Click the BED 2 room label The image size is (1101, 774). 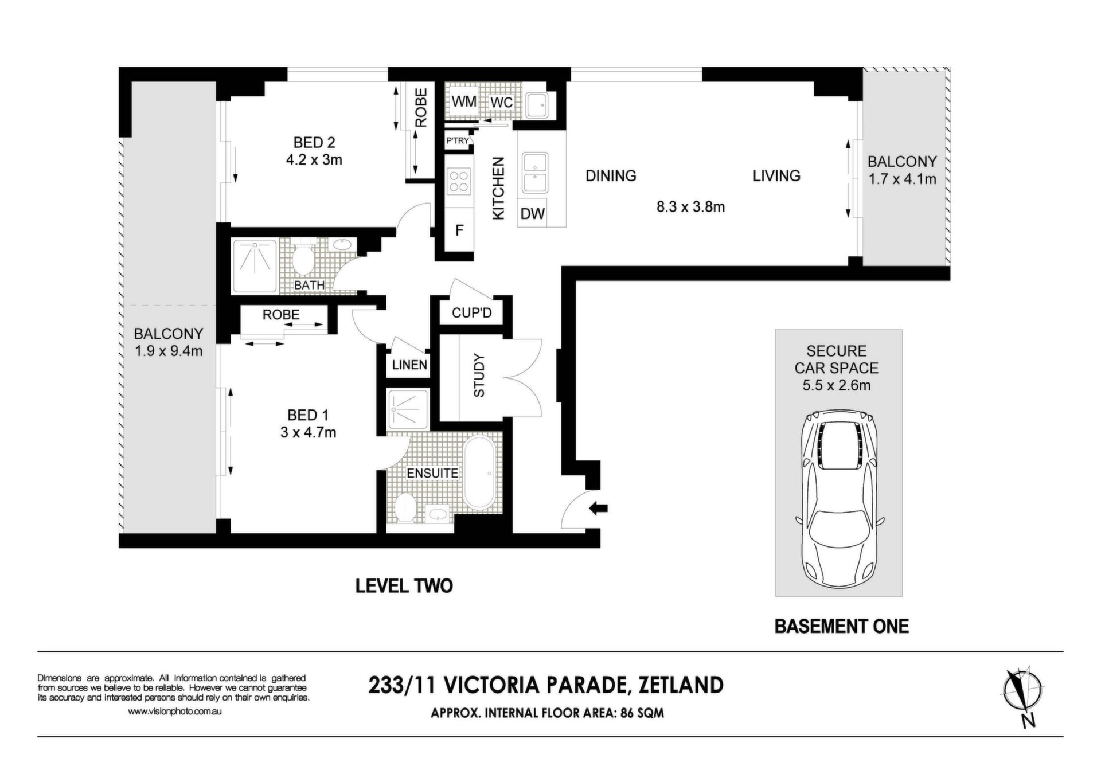click(x=314, y=142)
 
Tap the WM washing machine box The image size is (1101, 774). click(x=464, y=101)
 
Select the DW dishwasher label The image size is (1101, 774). click(x=533, y=214)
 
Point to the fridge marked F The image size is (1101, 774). click(x=459, y=230)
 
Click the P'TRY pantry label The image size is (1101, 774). click(x=458, y=140)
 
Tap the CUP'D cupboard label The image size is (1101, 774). click(x=472, y=313)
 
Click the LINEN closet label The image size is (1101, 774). click(x=410, y=365)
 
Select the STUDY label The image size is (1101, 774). click(x=479, y=376)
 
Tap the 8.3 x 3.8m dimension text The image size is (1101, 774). click(x=690, y=207)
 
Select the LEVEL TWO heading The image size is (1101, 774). click(x=404, y=585)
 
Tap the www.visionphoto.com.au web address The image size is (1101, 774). click(x=175, y=711)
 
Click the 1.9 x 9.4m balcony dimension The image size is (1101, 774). click(x=169, y=351)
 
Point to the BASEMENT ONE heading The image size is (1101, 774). click(x=841, y=626)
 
